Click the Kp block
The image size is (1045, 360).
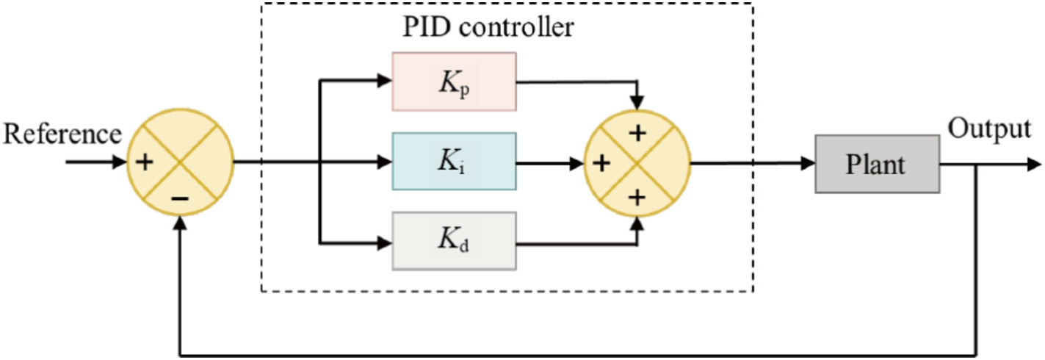454,82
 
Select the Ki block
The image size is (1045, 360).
454,162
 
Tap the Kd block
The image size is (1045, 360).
454,241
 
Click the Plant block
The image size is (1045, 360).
877,164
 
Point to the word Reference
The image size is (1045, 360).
62,134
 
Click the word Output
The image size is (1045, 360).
989,129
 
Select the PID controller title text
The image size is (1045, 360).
488,27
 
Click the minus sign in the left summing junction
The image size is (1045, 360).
180,199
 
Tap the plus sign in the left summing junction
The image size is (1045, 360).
145,162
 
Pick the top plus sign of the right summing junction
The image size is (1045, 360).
637,134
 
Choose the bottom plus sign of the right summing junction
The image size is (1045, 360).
637,198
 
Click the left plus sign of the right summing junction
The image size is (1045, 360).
601,163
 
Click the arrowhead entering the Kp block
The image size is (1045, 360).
384,80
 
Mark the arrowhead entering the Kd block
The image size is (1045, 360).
384,242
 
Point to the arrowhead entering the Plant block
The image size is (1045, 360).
808,163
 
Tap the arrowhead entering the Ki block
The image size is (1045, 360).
384,162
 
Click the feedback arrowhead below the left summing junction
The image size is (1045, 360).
180,223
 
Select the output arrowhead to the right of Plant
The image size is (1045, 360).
1034,165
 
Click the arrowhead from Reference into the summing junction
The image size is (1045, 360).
120,162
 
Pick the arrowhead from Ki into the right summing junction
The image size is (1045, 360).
576,163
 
